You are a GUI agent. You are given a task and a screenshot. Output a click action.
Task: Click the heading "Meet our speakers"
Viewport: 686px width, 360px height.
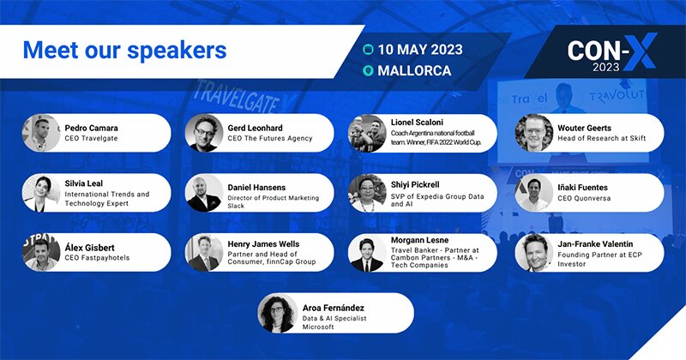124,50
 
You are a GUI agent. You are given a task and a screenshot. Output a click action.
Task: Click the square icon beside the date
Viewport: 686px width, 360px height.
369,50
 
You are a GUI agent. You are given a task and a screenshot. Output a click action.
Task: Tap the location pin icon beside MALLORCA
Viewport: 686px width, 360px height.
369,71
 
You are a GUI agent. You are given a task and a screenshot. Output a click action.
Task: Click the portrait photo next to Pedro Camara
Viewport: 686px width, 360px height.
41,133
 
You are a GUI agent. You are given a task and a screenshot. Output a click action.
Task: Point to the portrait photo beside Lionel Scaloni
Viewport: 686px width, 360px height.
367,133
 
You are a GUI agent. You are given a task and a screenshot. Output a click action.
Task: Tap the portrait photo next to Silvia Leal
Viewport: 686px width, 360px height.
41,193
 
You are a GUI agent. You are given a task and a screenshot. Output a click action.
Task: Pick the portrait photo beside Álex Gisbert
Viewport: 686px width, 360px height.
41,253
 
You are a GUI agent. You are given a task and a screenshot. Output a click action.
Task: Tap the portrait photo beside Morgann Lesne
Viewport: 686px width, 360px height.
367,253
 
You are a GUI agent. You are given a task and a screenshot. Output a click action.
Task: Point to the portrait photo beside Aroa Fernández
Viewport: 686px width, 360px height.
277,313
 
